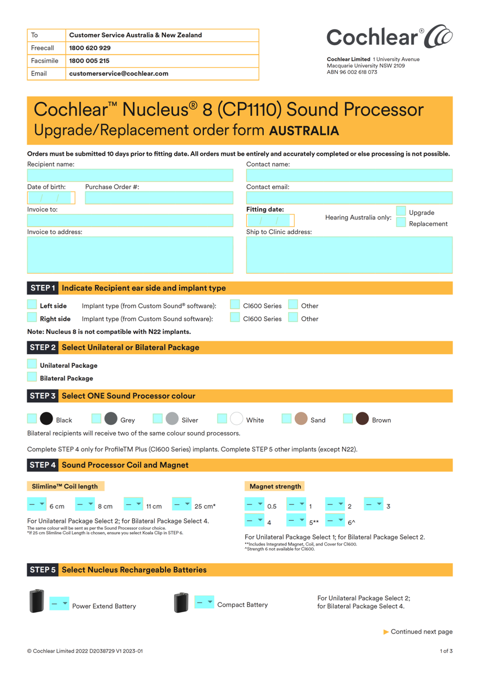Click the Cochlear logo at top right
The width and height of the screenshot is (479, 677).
389,37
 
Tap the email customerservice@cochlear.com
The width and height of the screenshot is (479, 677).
119,73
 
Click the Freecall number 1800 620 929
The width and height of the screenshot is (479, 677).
90,48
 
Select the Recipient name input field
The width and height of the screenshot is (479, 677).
130,175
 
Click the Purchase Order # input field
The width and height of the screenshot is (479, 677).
159,198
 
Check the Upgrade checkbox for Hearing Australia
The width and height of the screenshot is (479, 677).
401,211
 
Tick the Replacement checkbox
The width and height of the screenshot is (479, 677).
401,222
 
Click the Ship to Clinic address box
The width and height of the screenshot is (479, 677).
349,255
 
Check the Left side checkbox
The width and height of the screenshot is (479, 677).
32,305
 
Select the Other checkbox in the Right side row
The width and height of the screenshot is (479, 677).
293,318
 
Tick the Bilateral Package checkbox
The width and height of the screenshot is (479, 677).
32,377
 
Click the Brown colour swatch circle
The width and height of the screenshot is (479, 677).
362,419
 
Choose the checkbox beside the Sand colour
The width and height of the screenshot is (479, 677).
286,419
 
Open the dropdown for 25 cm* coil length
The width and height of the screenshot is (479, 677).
182,504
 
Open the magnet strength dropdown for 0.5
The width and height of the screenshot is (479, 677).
254,504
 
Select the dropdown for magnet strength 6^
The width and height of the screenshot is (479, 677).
335,520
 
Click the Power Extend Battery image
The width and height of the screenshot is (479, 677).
37,601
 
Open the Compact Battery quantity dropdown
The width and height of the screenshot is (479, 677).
204,603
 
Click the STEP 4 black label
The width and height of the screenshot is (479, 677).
43,465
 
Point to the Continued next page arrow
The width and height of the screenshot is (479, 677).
386,632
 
